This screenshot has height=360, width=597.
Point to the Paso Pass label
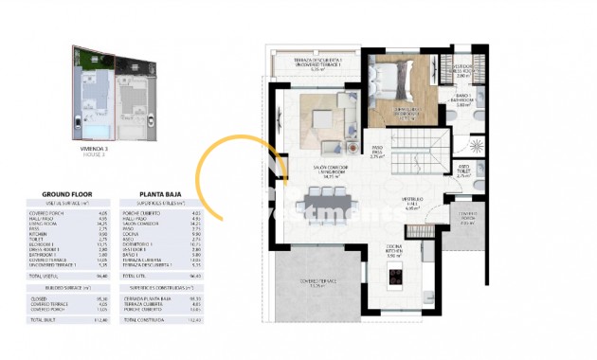pyautogui.click(x=375, y=153)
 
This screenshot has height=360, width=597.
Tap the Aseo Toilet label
pyautogui.click(x=463, y=171)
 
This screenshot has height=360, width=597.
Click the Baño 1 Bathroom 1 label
pyautogui.click(x=463, y=100)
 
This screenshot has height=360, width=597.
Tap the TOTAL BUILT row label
pyautogui.click(x=45, y=347)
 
